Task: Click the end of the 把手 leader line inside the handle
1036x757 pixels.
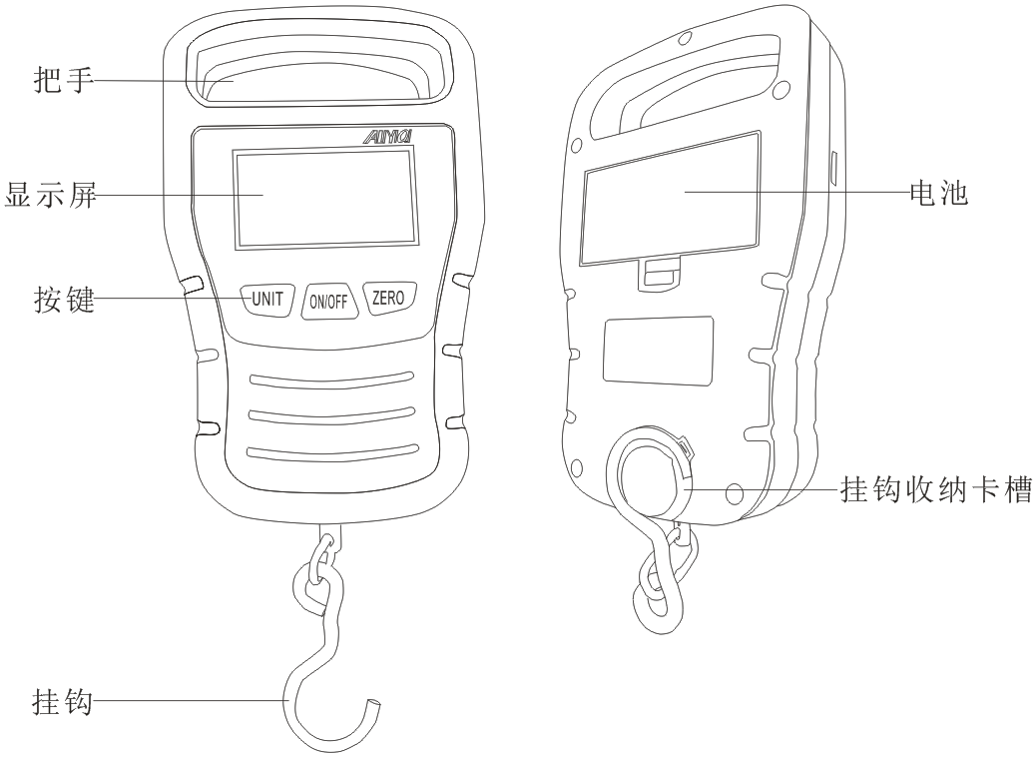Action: (235, 80)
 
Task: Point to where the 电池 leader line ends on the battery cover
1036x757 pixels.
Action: (685, 192)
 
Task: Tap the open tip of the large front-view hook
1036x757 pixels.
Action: (375, 703)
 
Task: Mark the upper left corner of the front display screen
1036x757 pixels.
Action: (232, 150)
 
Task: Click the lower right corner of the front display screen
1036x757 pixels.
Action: (418, 244)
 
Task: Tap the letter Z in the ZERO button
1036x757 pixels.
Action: (376, 298)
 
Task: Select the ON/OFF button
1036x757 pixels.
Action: (329, 302)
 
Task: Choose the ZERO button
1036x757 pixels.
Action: (389, 298)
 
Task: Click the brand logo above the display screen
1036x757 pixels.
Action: (388, 136)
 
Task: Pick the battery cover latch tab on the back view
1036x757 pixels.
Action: (659, 272)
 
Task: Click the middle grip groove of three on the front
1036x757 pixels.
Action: (331, 413)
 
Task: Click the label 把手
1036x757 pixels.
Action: (64, 80)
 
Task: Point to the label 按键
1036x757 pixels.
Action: (64, 300)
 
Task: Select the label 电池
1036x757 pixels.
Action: (938, 193)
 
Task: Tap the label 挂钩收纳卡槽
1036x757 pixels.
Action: (936, 490)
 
